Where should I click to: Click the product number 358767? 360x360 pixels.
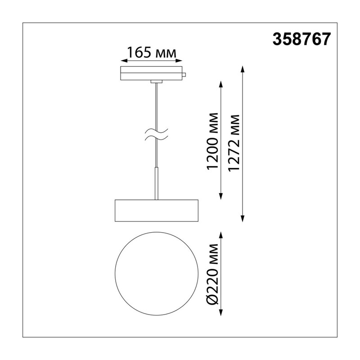(301, 39)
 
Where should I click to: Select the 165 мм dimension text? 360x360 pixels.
(152, 53)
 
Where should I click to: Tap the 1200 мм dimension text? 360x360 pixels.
(212, 141)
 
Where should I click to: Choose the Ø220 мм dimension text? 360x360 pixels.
(212, 274)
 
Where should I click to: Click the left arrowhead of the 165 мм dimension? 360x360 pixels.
(124, 61)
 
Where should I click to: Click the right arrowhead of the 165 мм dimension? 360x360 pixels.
(179, 61)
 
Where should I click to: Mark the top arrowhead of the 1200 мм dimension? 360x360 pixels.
(221, 84)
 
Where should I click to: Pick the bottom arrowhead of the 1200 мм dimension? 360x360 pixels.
(221, 196)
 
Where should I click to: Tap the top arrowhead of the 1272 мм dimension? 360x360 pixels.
(243, 69)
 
